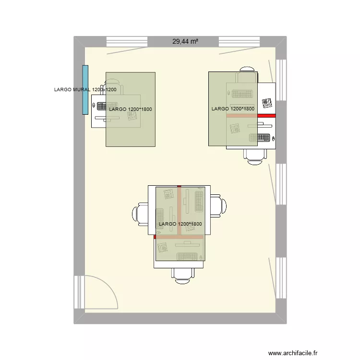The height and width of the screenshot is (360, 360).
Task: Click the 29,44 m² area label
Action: pyautogui.click(x=185, y=42)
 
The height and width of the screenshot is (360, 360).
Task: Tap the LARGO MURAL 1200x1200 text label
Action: pyautogui.click(x=85, y=90)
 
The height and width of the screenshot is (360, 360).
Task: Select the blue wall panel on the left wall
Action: pyautogui.click(x=85, y=90)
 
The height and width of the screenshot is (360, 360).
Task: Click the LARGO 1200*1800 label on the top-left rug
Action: pyautogui.click(x=131, y=109)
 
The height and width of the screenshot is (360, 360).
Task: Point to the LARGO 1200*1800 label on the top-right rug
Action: pyautogui.click(x=233, y=109)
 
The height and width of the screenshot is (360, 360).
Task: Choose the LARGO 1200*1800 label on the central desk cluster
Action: pyautogui.click(x=180, y=224)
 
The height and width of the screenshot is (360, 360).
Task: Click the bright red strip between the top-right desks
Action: pyautogui.click(x=267, y=116)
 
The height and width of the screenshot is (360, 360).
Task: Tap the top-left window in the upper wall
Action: pyautogui.click(x=126, y=42)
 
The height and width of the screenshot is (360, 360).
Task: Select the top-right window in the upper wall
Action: pyautogui.click(x=239, y=42)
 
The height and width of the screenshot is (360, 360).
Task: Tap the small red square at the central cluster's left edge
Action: pyautogui.click(x=155, y=237)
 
